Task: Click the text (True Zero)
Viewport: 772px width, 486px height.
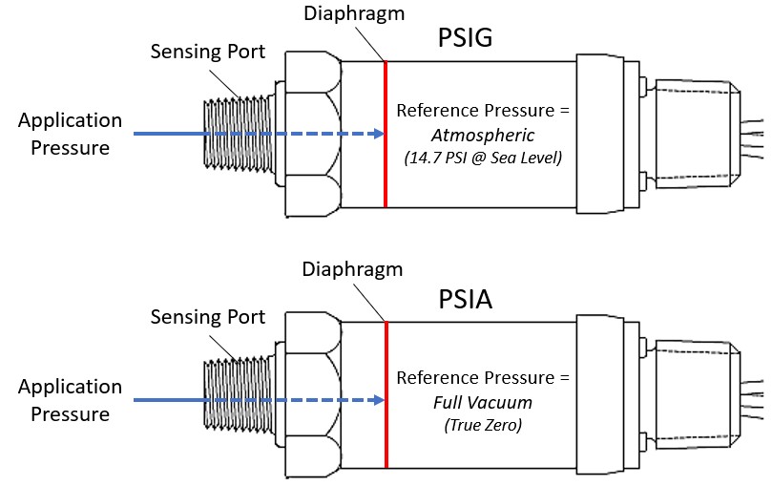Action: [x=482, y=426]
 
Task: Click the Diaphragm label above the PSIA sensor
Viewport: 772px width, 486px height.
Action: [x=352, y=270]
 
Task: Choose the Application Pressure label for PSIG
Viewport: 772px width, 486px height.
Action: [x=70, y=134]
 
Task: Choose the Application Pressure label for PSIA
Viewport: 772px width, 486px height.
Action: [x=70, y=400]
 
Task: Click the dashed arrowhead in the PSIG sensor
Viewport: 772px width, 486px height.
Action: [x=373, y=135]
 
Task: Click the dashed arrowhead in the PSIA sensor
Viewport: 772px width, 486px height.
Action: [x=373, y=401]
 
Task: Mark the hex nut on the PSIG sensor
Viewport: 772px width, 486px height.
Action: [x=309, y=134]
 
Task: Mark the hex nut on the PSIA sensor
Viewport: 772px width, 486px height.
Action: [x=309, y=400]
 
